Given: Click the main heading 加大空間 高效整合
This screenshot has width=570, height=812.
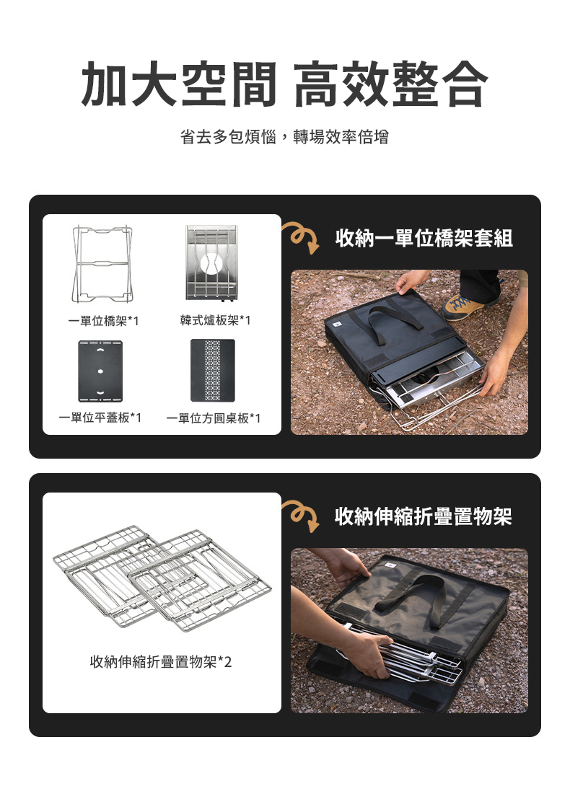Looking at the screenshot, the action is pyautogui.click(x=284, y=84).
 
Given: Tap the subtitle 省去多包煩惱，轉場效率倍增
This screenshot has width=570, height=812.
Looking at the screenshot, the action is pyautogui.click(x=284, y=137).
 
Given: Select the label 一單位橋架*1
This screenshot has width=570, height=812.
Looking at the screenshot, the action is pyautogui.click(x=104, y=321).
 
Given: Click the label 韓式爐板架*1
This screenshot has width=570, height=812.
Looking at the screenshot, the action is pyautogui.click(x=215, y=321).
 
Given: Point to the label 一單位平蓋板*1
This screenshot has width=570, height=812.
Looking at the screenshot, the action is pyautogui.click(x=100, y=418).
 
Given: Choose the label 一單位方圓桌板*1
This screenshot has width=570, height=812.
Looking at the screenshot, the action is pyautogui.click(x=214, y=418).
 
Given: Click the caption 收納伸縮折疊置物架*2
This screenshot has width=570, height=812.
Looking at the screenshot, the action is pyautogui.click(x=161, y=661).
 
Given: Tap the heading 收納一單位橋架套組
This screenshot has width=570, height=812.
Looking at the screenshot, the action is pyautogui.click(x=424, y=238).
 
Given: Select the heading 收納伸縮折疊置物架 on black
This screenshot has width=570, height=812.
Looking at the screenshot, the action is pyautogui.click(x=424, y=516).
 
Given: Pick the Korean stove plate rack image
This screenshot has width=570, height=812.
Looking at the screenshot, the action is pyautogui.click(x=211, y=263).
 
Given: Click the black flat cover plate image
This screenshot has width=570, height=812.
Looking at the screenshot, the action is pyautogui.click(x=100, y=371).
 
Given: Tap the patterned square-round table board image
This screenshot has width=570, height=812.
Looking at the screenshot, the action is pyautogui.click(x=212, y=370).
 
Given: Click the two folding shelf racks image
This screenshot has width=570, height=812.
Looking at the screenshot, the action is pyautogui.click(x=162, y=580).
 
